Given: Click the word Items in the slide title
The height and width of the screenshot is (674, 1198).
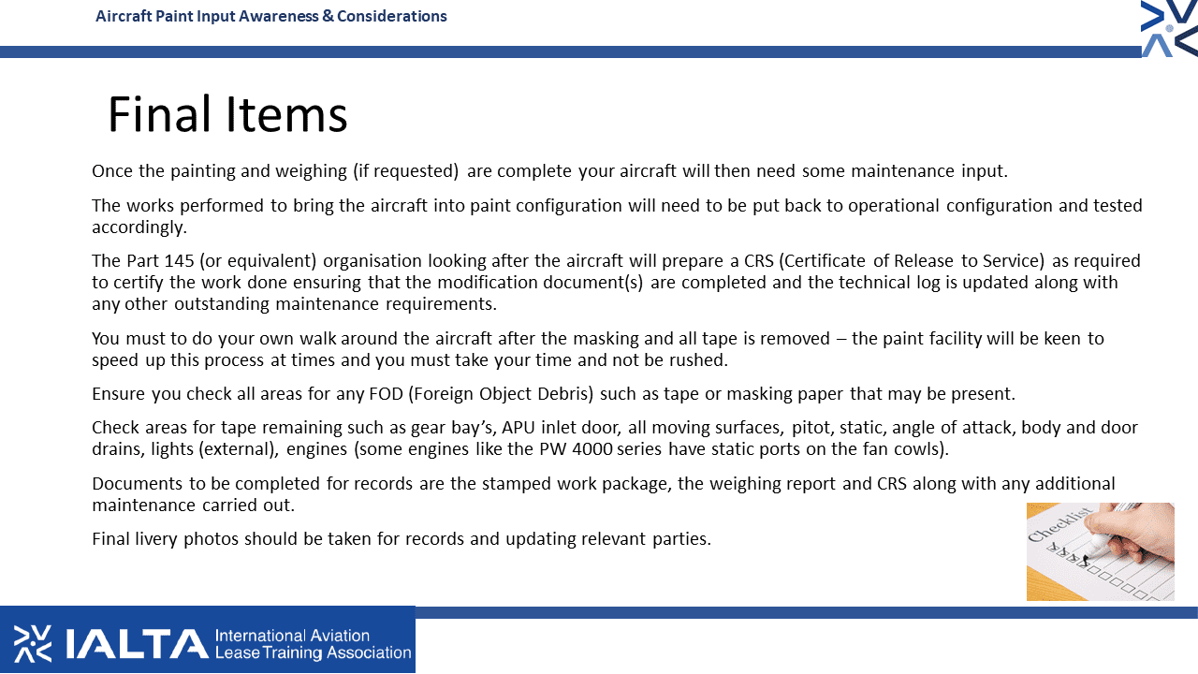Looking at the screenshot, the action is (x=286, y=114).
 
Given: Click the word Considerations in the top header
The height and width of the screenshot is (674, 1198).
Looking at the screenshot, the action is (x=391, y=16).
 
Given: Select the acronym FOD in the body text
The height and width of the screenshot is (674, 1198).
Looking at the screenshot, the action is (x=386, y=394).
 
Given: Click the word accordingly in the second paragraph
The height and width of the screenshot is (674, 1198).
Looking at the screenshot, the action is (x=139, y=227).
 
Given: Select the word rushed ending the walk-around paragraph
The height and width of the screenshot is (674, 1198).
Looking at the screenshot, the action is (x=698, y=360).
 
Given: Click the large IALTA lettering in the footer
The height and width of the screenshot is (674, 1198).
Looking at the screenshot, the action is (x=137, y=643).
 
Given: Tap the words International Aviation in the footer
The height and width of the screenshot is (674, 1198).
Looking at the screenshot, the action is (x=292, y=636).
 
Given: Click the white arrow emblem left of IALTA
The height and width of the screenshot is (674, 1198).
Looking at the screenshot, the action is (x=33, y=643).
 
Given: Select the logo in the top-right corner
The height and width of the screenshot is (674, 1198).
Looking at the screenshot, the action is (x=1169, y=28).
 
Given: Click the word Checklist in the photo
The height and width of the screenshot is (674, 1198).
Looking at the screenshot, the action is (x=1060, y=525).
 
